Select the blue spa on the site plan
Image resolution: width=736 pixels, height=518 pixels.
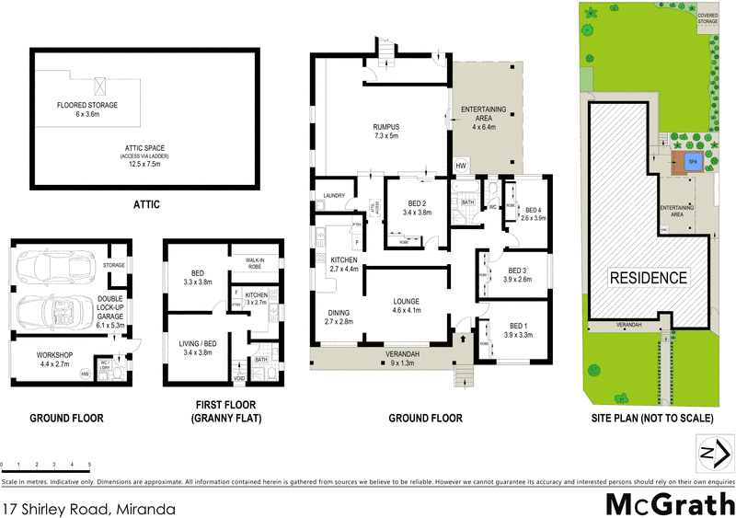point(695,163)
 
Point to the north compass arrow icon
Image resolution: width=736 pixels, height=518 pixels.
point(713,454)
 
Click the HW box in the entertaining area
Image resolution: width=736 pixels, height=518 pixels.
point(461,165)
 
